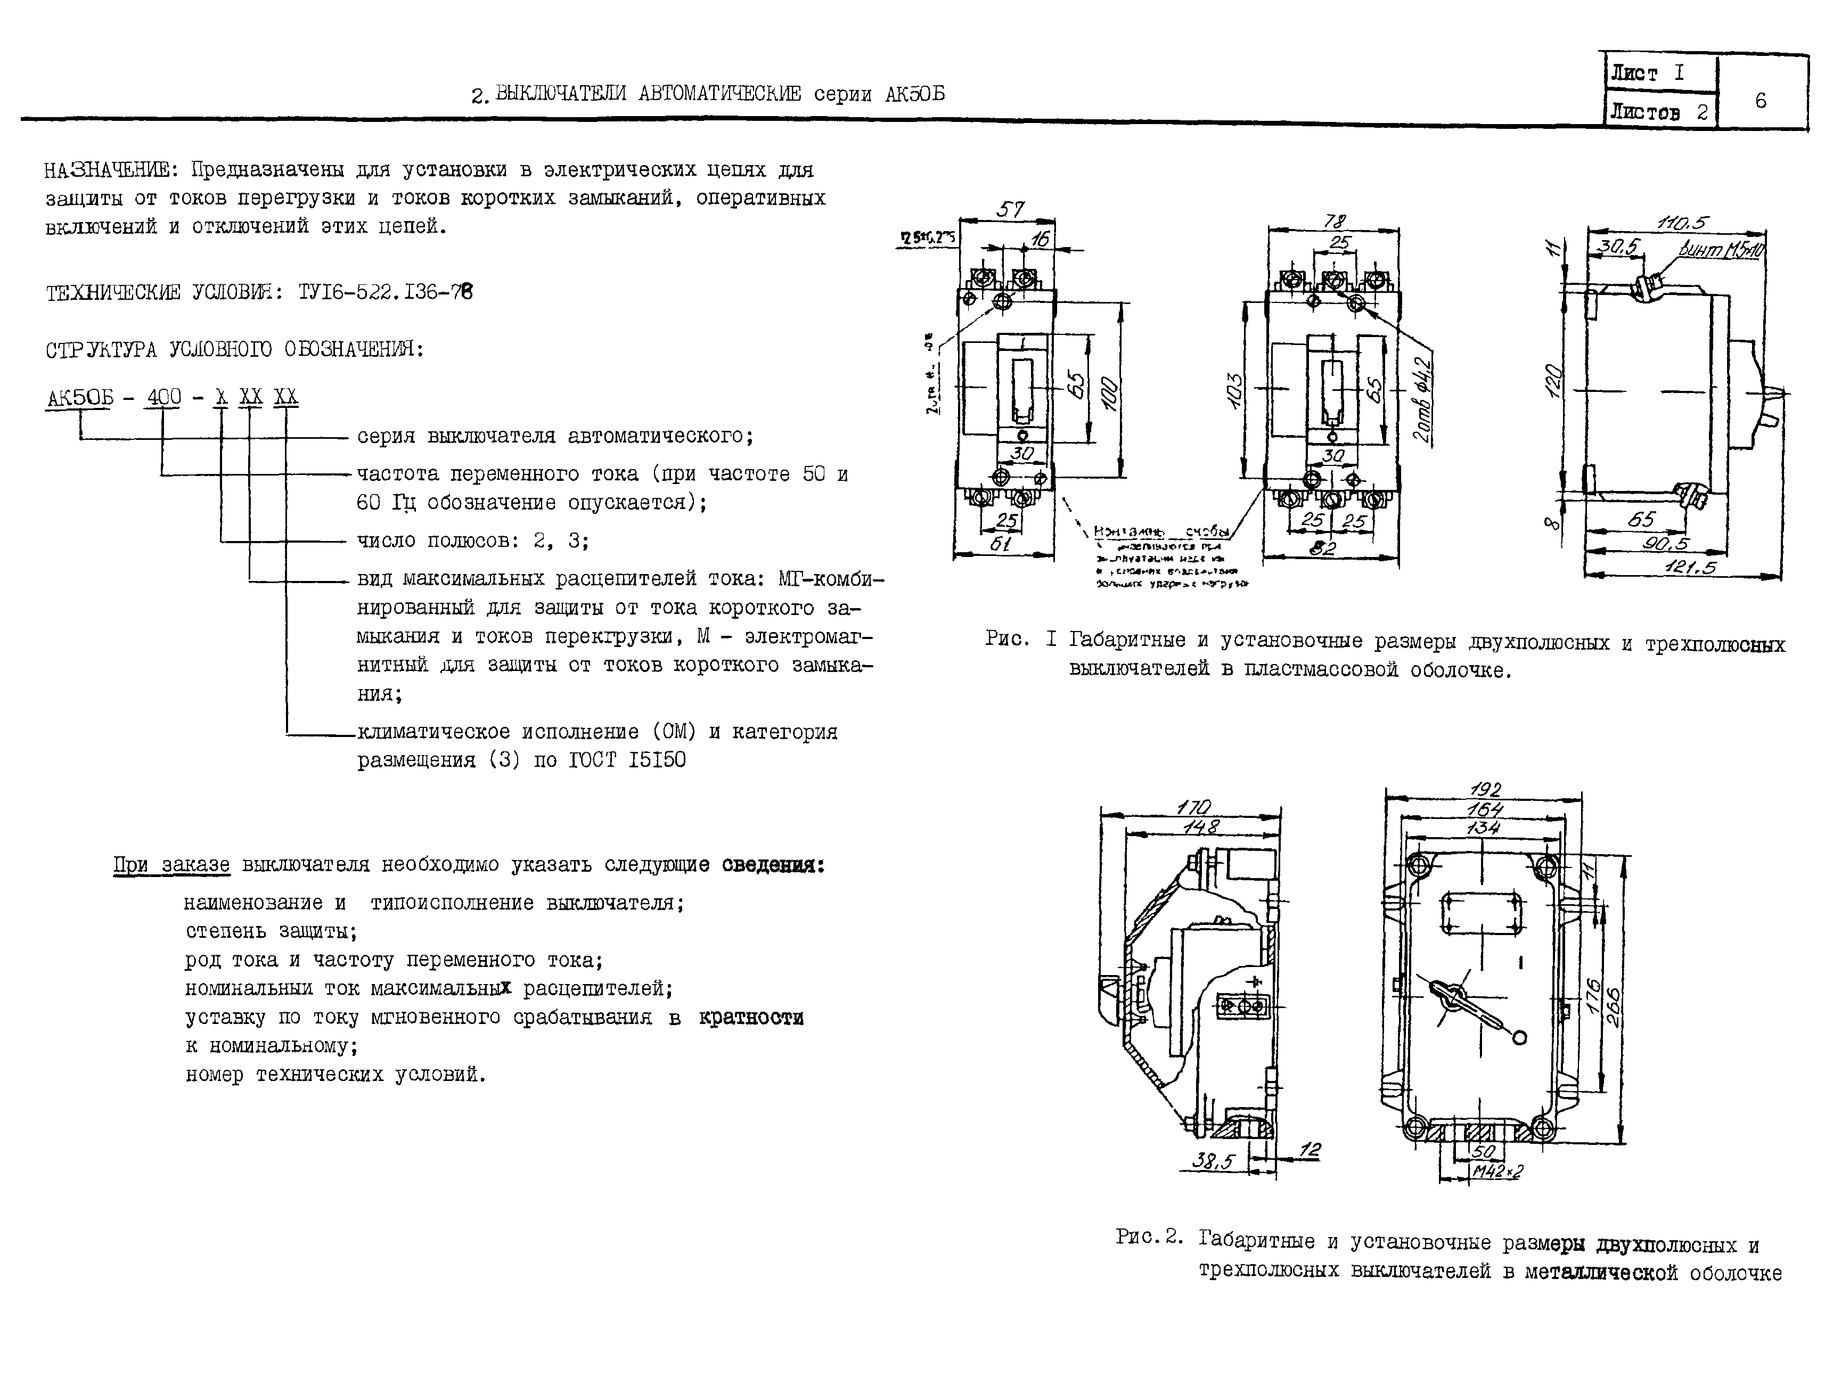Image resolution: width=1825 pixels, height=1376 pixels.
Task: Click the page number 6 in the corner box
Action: click(x=1760, y=101)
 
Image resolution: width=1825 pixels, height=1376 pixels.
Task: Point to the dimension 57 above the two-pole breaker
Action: click(x=1010, y=209)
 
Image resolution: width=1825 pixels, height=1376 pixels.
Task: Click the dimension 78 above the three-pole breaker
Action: click(x=1334, y=221)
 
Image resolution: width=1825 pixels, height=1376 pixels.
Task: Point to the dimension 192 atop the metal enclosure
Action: click(x=1485, y=789)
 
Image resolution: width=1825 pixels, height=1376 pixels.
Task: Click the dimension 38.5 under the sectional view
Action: click(x=1212, y=1161)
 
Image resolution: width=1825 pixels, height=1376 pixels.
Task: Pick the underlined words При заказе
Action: click(x=171, y=865)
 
